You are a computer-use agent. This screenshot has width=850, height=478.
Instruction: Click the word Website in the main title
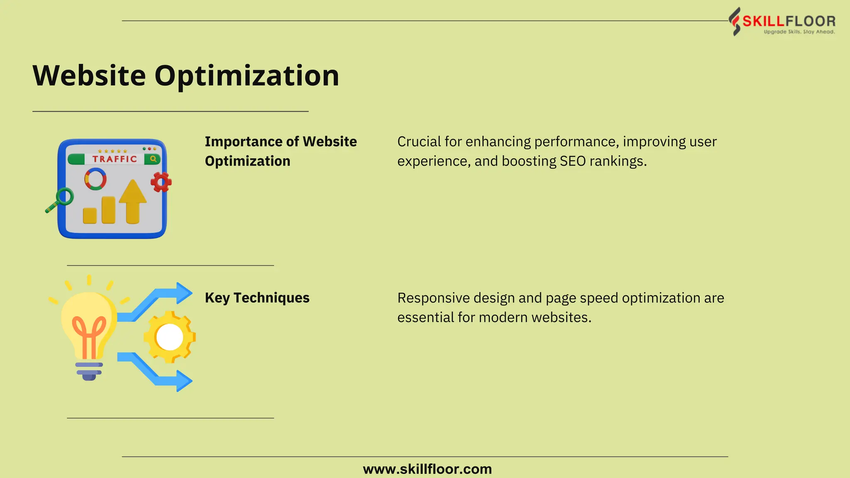click(89, 76)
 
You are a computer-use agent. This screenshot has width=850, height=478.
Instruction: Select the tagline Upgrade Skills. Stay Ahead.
click(799, 32)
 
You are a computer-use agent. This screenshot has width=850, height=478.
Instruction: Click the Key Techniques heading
click(257, 298)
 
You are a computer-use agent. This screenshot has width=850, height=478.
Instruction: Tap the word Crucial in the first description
click(419, 142)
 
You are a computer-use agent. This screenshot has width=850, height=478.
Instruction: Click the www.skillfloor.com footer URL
click(427, 469)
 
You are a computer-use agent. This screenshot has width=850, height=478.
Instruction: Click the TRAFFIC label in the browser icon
click(114, 159)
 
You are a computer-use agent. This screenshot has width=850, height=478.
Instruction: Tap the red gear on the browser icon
click(161, 182)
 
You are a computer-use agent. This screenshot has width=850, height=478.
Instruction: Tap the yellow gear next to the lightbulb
click(169, 337)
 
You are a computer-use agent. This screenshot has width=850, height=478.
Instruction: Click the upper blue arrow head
click(183, 293)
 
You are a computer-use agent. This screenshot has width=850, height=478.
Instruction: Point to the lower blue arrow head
click(183, 381)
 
